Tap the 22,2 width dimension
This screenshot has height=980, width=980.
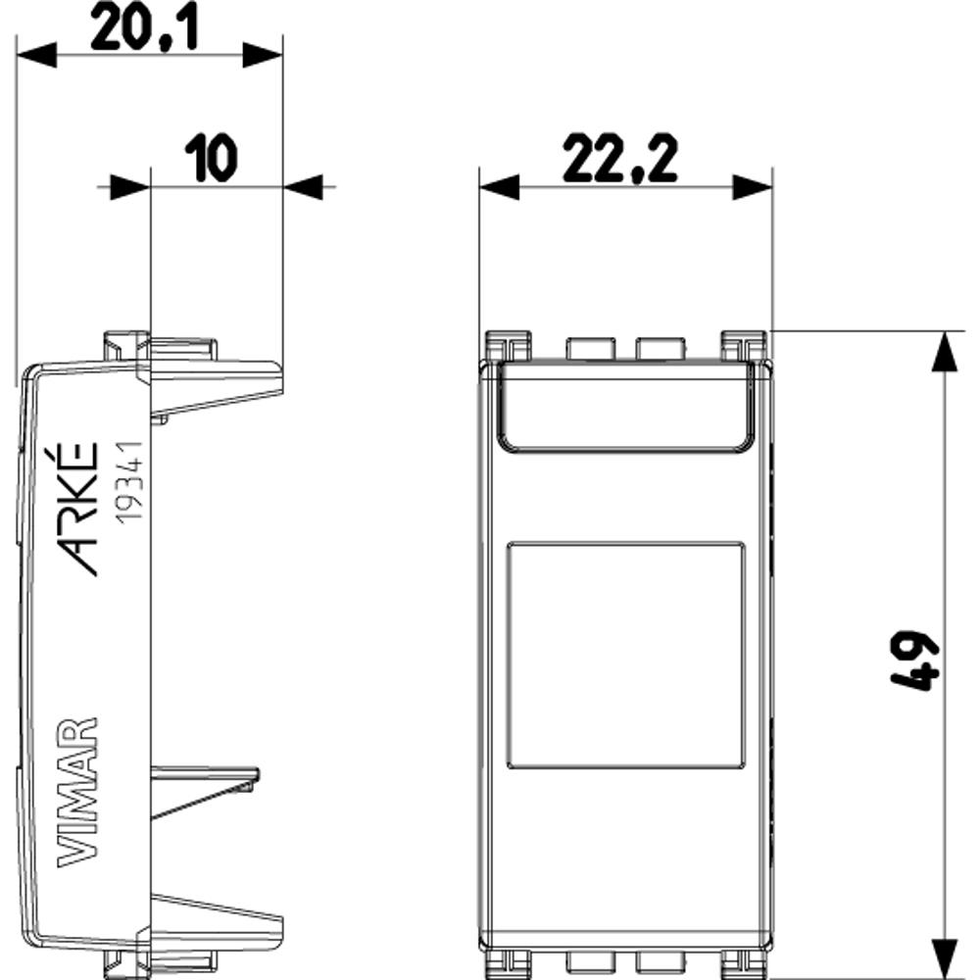coord(621,161)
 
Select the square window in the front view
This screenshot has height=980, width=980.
coord(626,654)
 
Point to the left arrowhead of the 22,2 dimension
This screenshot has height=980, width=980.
coord(498,187)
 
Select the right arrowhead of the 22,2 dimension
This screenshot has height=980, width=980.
coord(753,187)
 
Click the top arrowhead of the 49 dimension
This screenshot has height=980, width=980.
coord(945,350)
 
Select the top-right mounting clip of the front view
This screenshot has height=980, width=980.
coord(744,345)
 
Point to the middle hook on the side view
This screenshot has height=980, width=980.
coord(206,784)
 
